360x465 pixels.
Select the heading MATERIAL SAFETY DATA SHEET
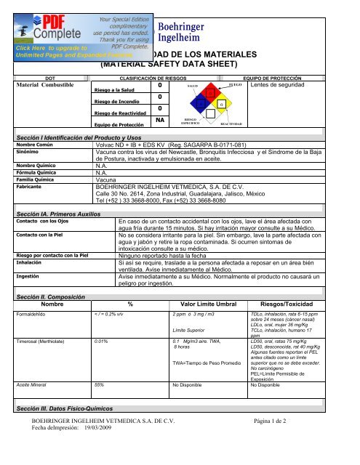click(x=179, y=63)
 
